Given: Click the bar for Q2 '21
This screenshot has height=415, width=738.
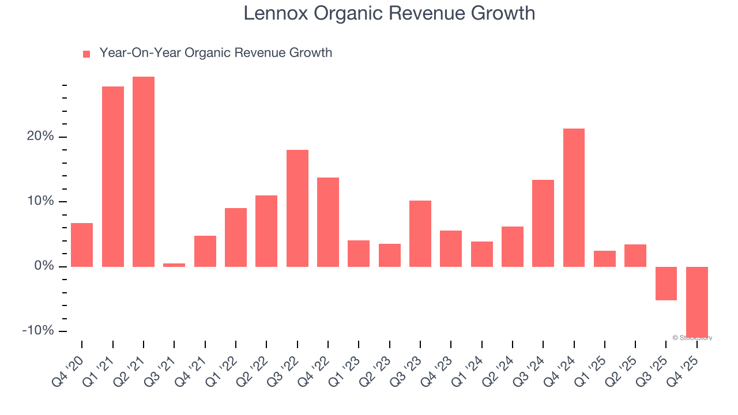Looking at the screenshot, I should click(x=144, y=171).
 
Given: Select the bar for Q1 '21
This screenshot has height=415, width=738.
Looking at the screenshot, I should click(x=113, y=176).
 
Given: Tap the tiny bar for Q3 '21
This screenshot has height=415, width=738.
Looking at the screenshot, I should click(x=174, y=265).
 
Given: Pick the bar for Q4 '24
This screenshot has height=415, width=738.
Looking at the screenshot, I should click(x=574, y=197).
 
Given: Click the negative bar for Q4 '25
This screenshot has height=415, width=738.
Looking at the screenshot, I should click(x=696, y=301).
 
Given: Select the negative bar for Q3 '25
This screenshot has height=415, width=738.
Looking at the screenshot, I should click(x=666, y=283).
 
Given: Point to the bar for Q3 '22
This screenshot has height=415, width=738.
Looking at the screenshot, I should click(x=298, y=208).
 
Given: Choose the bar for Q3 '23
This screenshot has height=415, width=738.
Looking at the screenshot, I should click(x=420, y=233).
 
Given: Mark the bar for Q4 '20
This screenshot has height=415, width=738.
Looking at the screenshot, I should click(x=82, y=244).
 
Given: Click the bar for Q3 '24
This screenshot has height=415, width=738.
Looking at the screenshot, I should click(x=543, y=223).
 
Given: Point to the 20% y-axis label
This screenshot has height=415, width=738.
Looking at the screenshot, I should click(x=41, y=137).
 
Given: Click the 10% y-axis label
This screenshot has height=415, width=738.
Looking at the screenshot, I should click(x=41, y=201).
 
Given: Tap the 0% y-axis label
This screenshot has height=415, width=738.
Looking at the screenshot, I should click(x=44, y=266).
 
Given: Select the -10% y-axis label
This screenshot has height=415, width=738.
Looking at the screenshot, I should click(x=38, y=331).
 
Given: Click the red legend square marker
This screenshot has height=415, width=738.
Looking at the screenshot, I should click(x=86, y=54).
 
